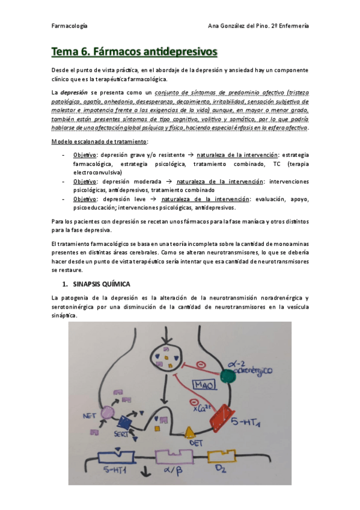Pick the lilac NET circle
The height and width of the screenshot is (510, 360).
[108, 413]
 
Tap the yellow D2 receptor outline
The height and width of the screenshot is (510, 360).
[222, 461]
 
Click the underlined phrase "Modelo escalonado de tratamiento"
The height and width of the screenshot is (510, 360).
[100, 141]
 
